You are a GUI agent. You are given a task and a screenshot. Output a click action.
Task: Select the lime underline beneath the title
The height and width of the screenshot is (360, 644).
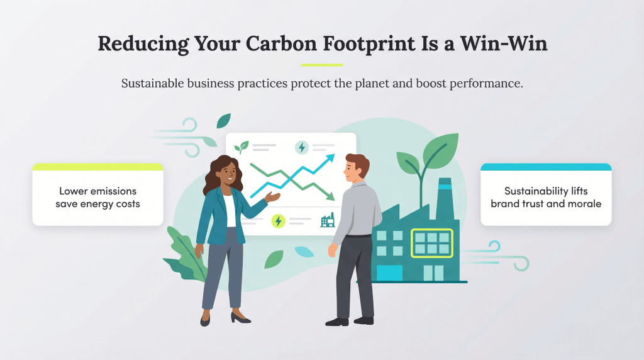click(321, 65)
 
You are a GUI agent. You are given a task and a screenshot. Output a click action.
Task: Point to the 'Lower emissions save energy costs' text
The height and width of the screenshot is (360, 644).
click(97, 197)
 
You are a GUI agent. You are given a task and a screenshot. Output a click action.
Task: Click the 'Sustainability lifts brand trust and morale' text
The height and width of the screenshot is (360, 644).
click(545, 197)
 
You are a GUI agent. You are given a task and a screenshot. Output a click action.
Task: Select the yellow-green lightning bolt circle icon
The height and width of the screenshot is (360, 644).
click(278, 221)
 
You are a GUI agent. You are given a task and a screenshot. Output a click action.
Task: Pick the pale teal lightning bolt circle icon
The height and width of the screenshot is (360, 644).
click(302, 148)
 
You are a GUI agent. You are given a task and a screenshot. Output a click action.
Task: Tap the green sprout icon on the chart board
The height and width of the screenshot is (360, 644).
click(241, 147)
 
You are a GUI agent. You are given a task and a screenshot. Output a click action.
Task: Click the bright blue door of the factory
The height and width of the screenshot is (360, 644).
click(389, 273)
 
